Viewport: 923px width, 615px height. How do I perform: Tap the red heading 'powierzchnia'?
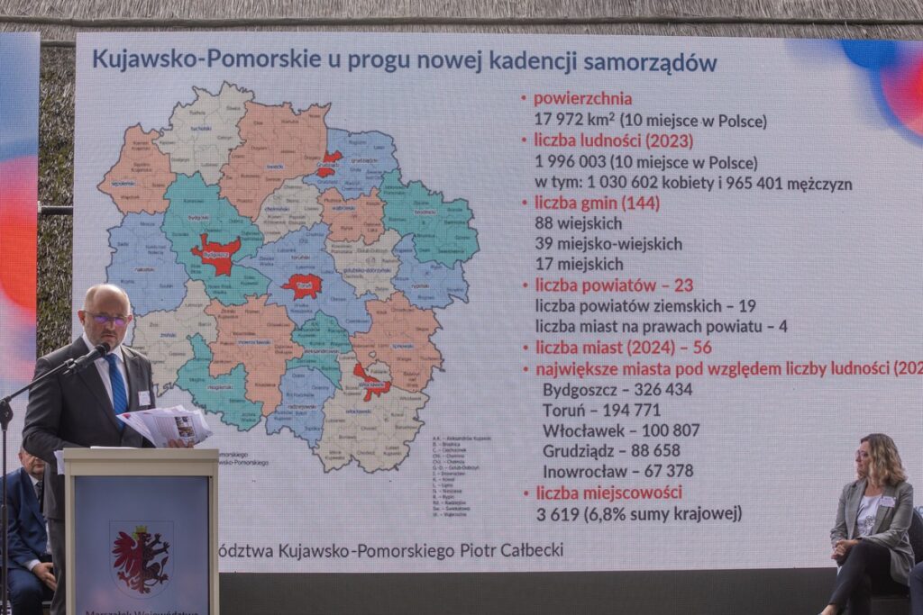tap(582, 99)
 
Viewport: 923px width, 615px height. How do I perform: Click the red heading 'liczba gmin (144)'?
tap(597, 203)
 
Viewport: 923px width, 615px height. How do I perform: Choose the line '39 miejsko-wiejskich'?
tap(608, 244)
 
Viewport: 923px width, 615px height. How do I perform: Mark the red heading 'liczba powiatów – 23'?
tap(614, 285)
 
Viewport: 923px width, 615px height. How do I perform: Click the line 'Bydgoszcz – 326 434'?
tap(617, 389)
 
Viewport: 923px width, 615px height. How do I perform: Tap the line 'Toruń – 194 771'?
tap(601, 410)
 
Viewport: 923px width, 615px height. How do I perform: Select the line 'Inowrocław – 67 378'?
tap(617, 471)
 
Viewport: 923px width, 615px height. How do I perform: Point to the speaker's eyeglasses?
tap(108, 318)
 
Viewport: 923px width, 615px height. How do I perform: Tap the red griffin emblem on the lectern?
tap(141, 557)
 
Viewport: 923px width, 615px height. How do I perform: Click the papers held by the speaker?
tap(168, 425)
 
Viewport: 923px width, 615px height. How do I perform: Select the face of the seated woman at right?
tap(867, 463)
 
